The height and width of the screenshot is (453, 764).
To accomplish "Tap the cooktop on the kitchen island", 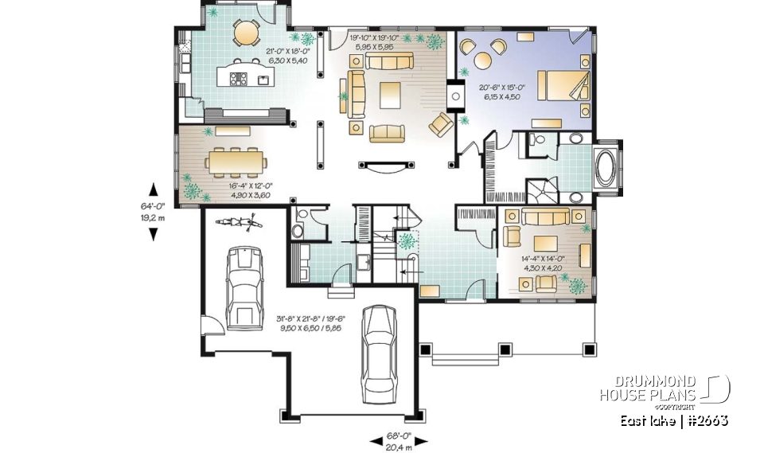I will click(x=238, y=78).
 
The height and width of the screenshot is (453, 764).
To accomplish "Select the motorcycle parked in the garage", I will click(x=248, y=222).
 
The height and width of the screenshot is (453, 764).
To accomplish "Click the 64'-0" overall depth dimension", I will click(x=154, y=210).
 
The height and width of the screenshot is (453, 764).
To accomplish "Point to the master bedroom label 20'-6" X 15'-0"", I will click(x=505, y=92).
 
